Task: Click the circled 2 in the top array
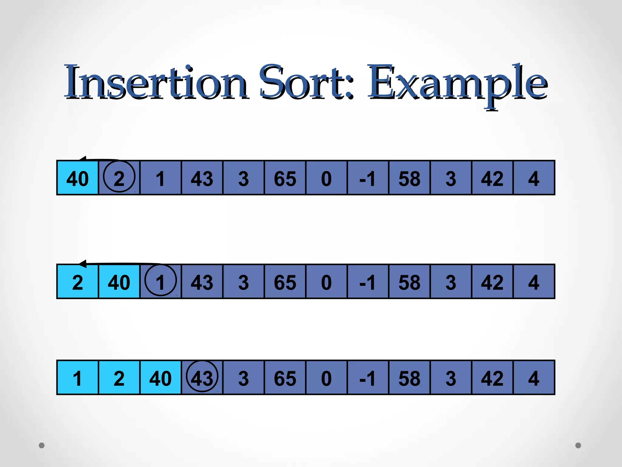(x=119, y=178)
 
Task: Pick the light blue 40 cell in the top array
(x=77, y=178)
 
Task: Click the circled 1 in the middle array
(x=160, y=282)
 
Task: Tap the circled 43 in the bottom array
(x=202, y=378)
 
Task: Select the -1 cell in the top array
(x=368, y=178)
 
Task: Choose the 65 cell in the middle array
(x=285, y=282)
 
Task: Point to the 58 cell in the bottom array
(x=409, y=378)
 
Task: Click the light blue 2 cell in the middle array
(x=77, y=282)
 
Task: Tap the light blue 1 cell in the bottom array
(x=77, y=378)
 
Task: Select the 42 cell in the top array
(x=492, y=178)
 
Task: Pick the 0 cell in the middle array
(x=326, y=282)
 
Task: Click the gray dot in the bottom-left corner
(x=42, y=445)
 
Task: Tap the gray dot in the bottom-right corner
(x=578, y=445)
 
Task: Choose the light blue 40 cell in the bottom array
(x=160, y=378)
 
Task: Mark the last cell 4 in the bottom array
(x=534, y=378)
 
